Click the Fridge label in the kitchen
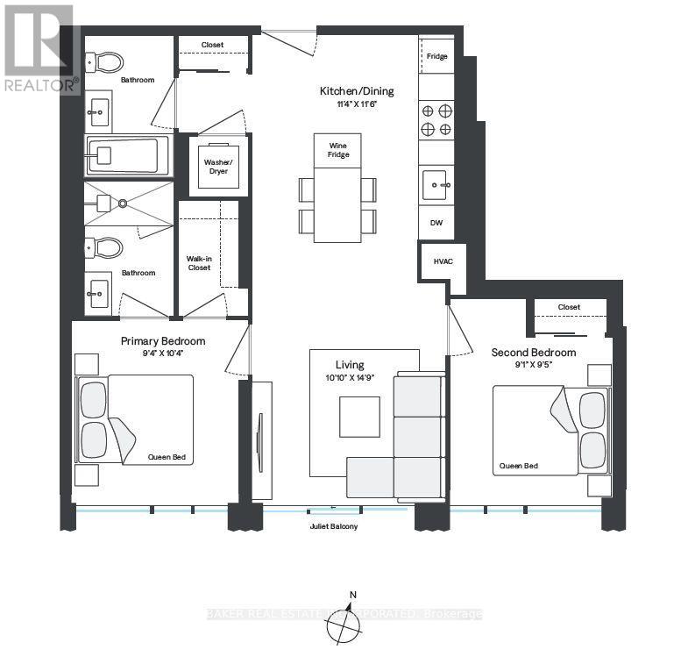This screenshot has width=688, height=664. (436, 57)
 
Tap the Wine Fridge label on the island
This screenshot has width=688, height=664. (339, 149)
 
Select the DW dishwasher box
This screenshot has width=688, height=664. (436, 224)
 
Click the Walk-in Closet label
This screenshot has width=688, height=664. (198, 263)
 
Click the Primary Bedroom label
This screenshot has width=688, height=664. (162, 341)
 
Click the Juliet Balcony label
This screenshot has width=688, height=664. (334, 526)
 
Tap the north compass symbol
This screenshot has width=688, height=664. (344, 624)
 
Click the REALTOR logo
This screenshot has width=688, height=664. (39, 48)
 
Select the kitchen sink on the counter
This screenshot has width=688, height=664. (436, 185)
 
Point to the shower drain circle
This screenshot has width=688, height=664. (124, 203)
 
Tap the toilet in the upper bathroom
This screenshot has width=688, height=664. (106, 61)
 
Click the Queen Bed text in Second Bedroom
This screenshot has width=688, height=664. (518, 466)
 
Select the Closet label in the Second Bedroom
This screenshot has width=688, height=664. (569, 308)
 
